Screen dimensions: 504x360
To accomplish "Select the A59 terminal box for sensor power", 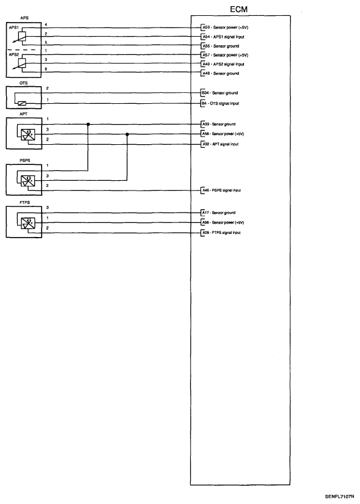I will [x=205, y=27].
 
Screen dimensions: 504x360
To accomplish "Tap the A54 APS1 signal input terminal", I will [x=205, y=37].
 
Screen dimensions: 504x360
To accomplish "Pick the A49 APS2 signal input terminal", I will [x=205, y=64].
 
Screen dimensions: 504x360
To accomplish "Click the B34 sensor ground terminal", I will [x=205, y=93].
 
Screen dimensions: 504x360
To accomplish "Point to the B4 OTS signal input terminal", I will [x=204, y=103].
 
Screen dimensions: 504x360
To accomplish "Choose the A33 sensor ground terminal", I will [x=205, y=124].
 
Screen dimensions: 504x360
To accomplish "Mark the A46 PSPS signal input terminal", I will [x=205, y=190].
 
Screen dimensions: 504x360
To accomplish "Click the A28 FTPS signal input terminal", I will [x=205, y=233].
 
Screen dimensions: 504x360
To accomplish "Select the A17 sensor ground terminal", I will [x=205, y=213].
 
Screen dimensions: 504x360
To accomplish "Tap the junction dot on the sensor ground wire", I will [x=89, y=124].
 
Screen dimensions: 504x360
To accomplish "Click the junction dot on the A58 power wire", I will [x=127, y=134].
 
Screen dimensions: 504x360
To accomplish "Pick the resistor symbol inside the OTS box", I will [x=22, y=103].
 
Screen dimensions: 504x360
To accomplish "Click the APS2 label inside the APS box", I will [x=13, y=54].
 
